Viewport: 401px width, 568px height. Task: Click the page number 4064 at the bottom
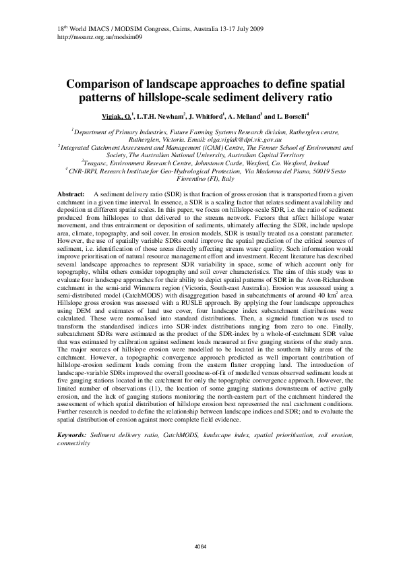[199, 546]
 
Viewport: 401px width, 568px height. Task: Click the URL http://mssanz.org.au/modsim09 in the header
[89, 38]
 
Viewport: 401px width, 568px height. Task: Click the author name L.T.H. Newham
[164, 115]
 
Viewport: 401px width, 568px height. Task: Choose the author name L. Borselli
[295, 115]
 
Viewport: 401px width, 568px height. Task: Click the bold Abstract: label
[71, 194]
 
